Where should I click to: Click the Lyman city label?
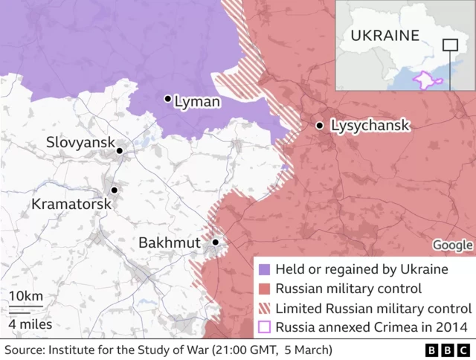[x=197, y=102]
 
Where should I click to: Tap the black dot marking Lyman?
[x=168, y=98]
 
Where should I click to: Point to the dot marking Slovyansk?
[x=119, y=151]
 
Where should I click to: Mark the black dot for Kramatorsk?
[x=115, y=190]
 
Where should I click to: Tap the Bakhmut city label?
[x=170, y=243]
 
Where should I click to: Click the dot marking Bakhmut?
[x=216, y=242]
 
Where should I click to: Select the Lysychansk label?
[x=370, y=126]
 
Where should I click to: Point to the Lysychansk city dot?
[x=320, y=126]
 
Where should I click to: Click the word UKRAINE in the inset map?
[x=385, y=35]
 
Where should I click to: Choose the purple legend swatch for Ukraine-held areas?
[x=264, y=269]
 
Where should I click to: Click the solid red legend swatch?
[x=264, y=289]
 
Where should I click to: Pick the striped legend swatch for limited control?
[x=264, y=308]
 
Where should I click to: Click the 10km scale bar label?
[x=26, y=297]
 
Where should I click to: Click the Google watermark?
[x=453, y=245]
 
